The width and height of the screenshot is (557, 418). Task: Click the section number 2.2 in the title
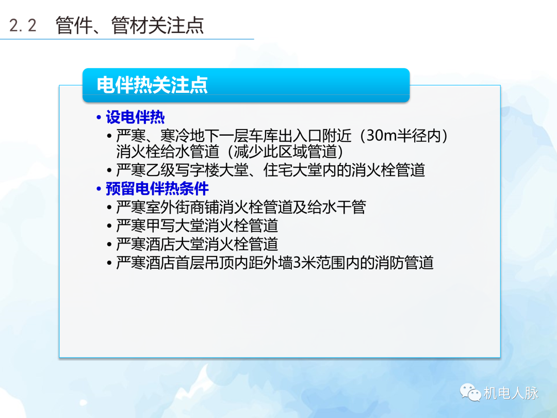[23, 25]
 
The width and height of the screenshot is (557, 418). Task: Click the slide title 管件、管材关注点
[129, 25]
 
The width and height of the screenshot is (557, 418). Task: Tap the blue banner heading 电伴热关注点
[152, 85]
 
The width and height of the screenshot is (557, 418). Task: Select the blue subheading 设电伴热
[135, 118]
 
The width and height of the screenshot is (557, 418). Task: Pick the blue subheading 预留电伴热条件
[157, 188]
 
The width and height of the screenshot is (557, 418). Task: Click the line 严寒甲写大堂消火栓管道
[197, 226]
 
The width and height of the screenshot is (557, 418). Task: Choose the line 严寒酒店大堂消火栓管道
[197, 244]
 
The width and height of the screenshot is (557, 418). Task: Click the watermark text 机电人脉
[511, 393]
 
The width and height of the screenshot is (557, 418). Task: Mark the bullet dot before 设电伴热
[99, 118]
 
